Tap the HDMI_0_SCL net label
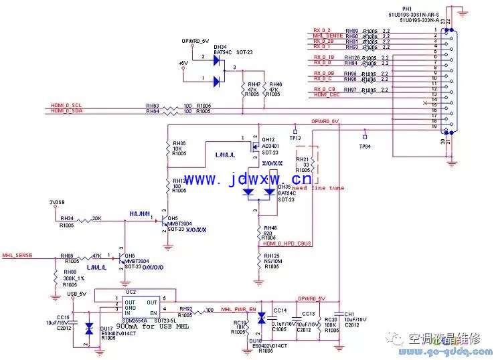(x=67, y=106)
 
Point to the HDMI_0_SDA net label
(x=67, y=111)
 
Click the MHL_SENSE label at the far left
(x=17, y=255)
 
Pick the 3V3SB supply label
(x=58, y=201)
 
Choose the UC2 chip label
(x=131, y=292)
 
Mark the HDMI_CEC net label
(x=327, y=95)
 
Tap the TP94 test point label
(x=365, y=145)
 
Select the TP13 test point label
(x=295, y=137)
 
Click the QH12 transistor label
(x=268, y=140)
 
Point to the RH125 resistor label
(x=270, y=256)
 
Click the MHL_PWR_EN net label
(x=238, y=310)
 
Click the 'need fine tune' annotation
(x=318, y=188)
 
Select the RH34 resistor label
(x=66, y=219)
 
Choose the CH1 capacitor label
(x=349, y=314)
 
